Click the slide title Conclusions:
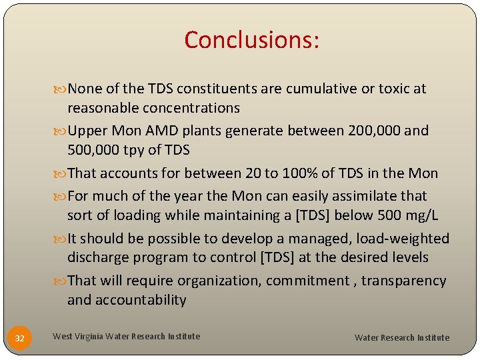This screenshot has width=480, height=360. click(x=252, y=40)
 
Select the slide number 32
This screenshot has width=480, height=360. click(x=20, y=339)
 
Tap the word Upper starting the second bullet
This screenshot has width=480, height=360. click(x=88, y=131)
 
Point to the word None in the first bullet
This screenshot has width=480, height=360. click(x=85, y=89)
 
